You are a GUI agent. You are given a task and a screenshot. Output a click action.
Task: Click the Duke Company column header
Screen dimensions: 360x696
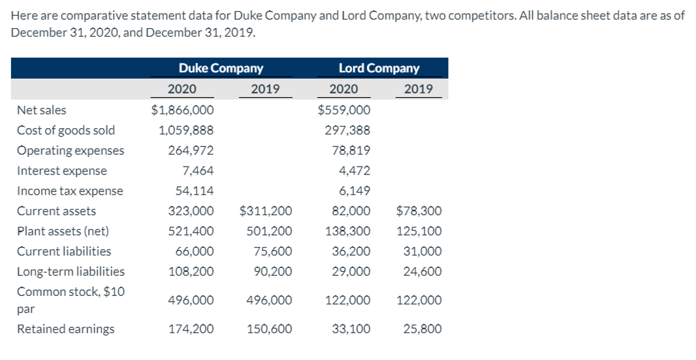point(221,68)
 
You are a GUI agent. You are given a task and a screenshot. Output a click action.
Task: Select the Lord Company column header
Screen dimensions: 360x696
point(379,68)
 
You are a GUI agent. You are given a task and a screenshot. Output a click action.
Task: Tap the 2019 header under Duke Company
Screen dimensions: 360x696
point(265,89)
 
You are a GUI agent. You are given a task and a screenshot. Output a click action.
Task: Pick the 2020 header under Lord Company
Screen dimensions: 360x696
point(343,89)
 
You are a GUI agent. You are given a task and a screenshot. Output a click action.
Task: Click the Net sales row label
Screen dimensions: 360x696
point(41,110)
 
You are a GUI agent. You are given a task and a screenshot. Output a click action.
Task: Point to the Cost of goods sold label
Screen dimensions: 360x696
point(65,130)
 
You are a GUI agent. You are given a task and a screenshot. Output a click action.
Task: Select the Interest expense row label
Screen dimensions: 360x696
point(61,171)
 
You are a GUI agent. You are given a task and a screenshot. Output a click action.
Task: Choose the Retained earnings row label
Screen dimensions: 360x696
point(65,329)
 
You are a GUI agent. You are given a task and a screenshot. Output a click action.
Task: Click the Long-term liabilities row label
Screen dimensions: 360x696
point(71,271)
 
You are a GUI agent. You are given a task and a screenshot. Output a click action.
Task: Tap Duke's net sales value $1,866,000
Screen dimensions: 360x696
point(182,110)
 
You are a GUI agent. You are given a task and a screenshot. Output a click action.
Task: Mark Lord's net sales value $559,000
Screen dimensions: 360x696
point(344,110)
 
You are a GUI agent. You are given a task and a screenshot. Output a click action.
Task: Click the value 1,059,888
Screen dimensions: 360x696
point(186,130)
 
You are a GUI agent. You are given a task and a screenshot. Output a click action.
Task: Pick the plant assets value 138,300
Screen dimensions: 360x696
point(347,231)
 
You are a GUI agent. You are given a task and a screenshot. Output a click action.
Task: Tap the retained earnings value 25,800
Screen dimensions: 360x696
point(422,329)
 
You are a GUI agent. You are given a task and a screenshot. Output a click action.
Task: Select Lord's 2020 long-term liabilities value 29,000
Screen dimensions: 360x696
point(351,271)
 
